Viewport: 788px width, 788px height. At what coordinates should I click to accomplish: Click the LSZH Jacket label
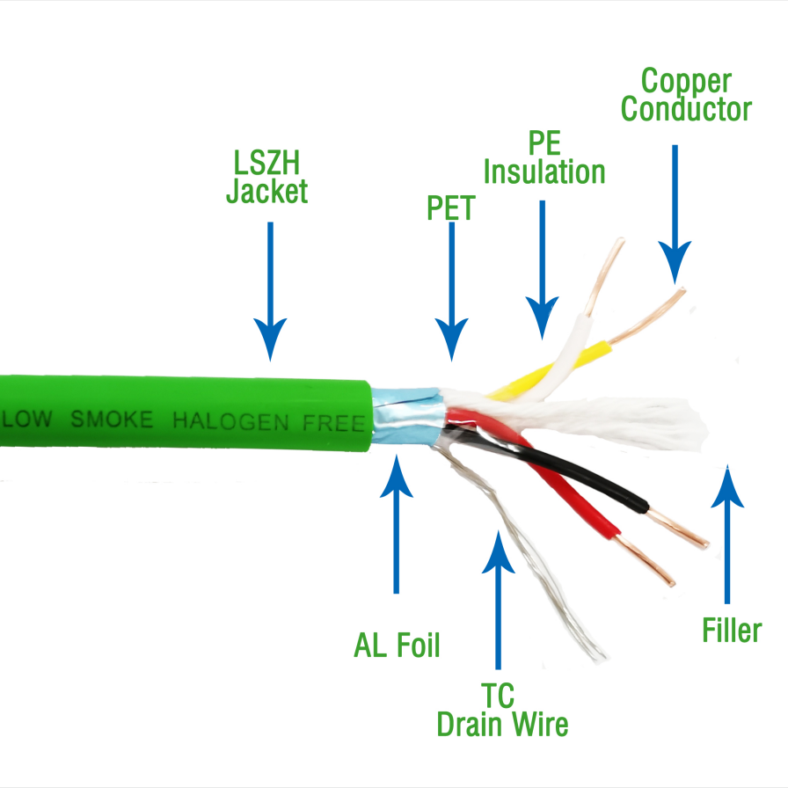[266, 178]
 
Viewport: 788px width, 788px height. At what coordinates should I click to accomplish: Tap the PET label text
[450, 208]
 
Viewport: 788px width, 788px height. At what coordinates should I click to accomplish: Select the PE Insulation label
[544, 157]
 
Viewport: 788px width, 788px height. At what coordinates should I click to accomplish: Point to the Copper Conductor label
[687, 95]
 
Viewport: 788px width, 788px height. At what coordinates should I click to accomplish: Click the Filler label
[732, 630]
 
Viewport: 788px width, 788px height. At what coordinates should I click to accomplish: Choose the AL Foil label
[396, 646]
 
